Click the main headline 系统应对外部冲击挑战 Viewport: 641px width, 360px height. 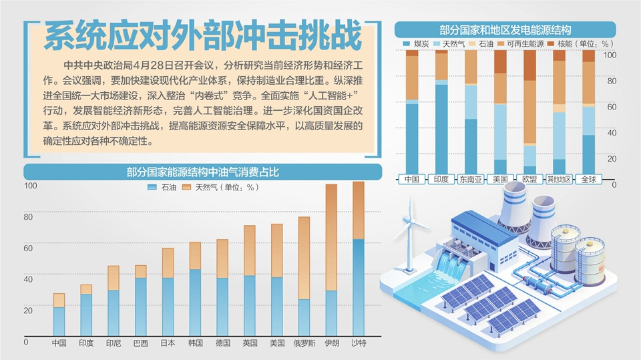203,37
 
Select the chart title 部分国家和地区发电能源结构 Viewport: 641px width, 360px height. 505,30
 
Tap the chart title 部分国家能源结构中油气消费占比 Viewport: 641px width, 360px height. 202,172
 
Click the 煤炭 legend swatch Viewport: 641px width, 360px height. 407,44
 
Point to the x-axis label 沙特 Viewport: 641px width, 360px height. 359,343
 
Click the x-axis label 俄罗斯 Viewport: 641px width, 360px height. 304,343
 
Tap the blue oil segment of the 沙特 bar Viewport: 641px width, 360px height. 359,287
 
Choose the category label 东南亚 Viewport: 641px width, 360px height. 471,180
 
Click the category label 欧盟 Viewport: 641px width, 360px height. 529,180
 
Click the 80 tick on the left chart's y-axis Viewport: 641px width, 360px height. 27,217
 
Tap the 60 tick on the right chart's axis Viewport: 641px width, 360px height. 612,106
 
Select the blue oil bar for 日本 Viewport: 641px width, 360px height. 168,307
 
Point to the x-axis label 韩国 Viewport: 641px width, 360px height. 195,343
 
